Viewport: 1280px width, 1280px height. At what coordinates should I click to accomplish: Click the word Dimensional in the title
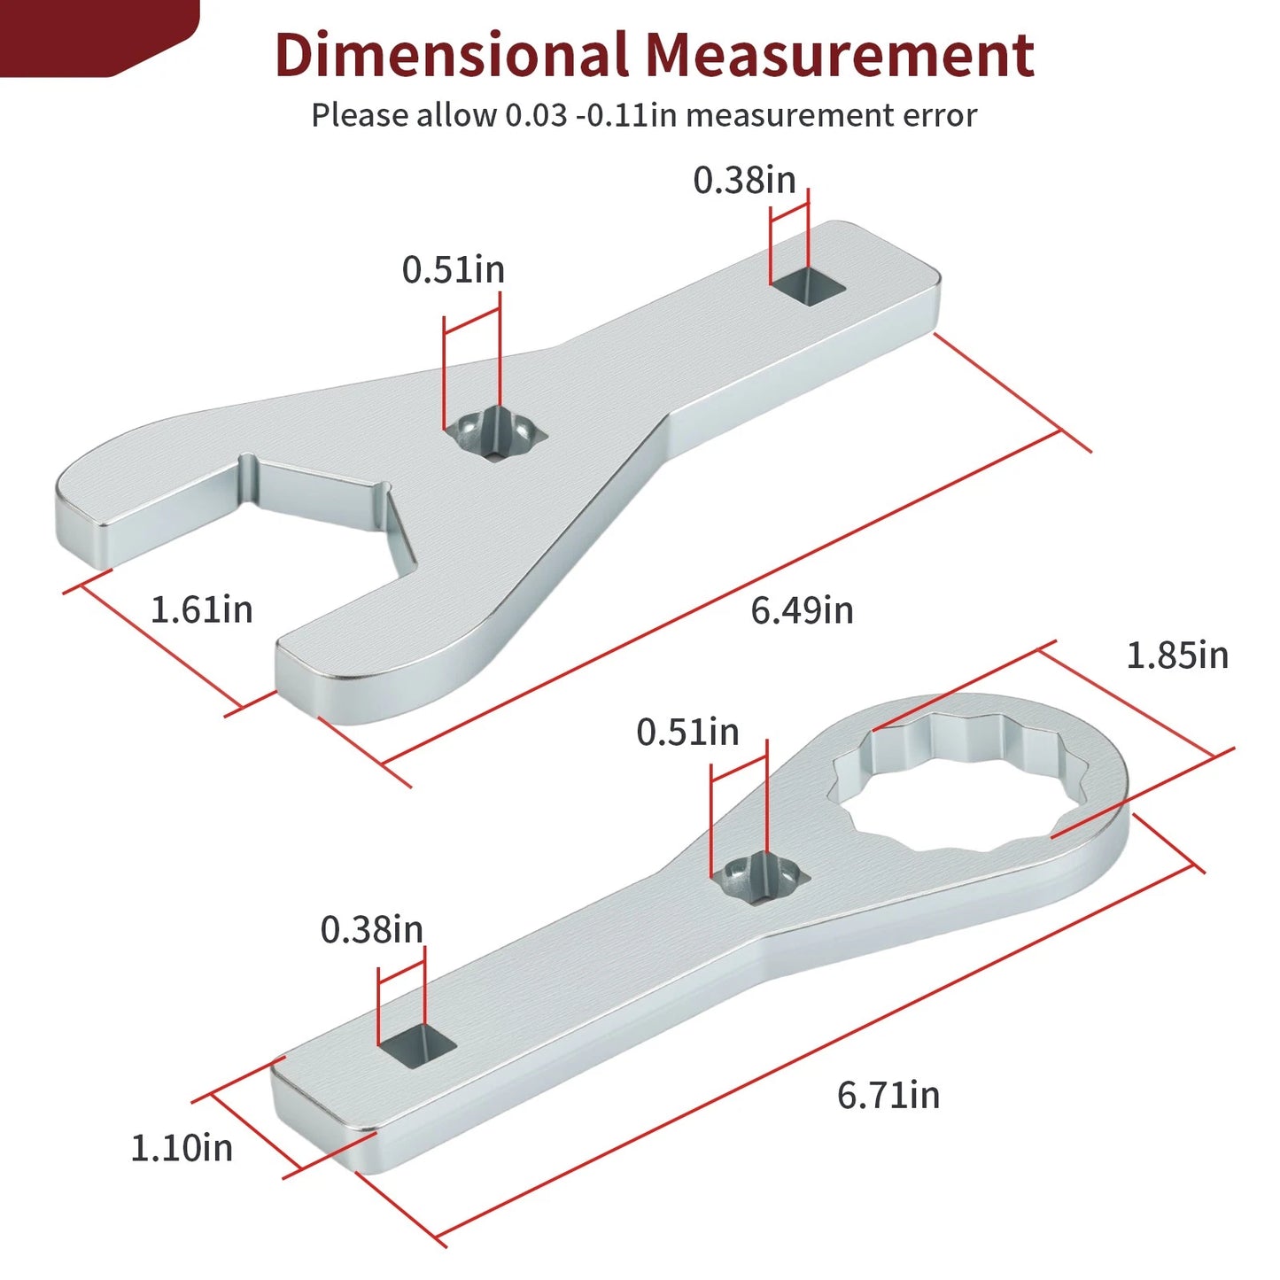coord(451,54)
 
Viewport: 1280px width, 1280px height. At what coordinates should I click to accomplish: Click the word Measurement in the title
coord(840,54)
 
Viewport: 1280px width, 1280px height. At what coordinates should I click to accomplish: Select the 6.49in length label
coord(802,610)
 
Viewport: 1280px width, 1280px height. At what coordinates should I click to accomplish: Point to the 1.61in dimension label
coord(202,609)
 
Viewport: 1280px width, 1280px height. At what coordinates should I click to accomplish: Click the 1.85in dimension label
coord(1178,656)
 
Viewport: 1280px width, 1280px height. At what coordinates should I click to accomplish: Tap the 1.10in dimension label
coord(182,1149)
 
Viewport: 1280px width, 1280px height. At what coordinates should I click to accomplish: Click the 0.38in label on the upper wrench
coord(745,180)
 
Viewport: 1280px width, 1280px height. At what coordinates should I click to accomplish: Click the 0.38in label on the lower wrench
coord(371,929)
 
